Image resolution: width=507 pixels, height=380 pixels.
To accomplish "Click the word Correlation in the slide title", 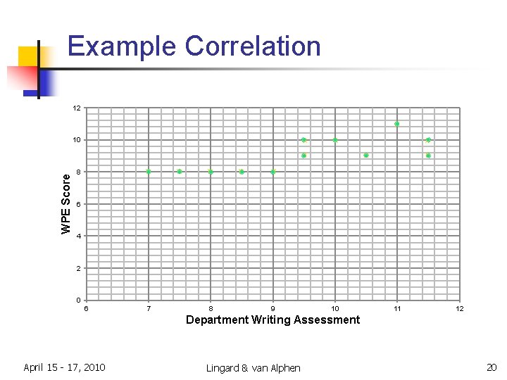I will point(253,46).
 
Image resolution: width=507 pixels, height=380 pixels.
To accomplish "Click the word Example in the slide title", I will point(123,46).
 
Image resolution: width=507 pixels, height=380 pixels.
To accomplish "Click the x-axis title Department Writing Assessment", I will point(273,320).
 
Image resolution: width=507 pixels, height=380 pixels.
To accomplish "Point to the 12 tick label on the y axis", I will point(77,108).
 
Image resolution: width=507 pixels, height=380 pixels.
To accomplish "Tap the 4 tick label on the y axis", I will point(79,236).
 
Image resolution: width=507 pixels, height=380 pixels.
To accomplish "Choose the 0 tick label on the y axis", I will point(79,300).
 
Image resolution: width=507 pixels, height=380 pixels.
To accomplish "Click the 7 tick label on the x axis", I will point(149,308).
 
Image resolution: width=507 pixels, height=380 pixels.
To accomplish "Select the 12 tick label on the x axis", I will point(459,308).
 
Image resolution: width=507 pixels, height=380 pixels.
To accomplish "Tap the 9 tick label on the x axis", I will point(273,308).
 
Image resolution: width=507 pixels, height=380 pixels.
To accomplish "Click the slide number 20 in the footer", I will point(491,367).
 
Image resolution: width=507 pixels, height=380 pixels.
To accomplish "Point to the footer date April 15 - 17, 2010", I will point(64,367).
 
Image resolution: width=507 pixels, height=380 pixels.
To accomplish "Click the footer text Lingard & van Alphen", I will point(253,368).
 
